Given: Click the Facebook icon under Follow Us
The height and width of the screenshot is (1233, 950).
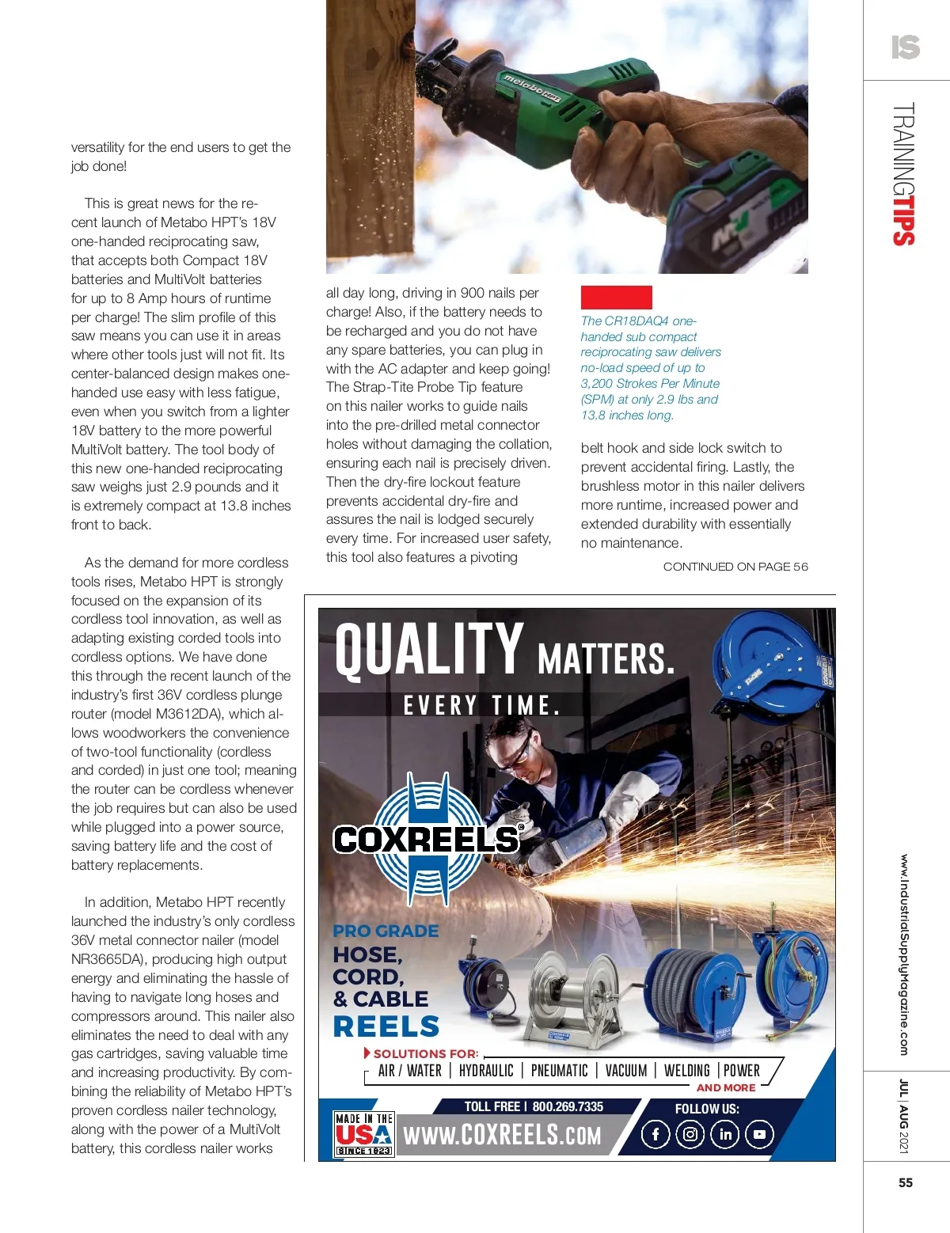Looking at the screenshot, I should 655,1134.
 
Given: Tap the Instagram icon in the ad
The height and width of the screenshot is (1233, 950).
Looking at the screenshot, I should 690,1134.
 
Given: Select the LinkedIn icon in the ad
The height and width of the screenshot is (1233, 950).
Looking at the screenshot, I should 725,1134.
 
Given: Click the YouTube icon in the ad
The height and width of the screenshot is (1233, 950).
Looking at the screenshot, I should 759,1134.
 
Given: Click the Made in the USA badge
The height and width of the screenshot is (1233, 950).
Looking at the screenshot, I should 364,1134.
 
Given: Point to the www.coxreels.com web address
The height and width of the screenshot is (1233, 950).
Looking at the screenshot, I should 503,1136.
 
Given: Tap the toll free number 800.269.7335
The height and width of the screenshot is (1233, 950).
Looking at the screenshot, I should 568,1106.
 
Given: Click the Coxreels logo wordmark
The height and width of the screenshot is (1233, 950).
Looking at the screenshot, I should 427,839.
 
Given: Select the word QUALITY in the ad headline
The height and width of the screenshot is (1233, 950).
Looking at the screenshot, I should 429,650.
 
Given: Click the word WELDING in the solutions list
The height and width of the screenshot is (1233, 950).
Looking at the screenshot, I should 686,1071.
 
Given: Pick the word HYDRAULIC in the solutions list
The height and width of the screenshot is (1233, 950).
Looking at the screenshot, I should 486,1071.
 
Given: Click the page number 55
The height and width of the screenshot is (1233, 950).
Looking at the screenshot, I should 906,1182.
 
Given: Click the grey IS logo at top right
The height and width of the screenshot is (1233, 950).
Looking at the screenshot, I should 906,47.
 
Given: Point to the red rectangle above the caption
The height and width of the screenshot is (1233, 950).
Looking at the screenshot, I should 616,298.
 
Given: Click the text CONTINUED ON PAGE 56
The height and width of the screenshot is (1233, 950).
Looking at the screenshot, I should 735,567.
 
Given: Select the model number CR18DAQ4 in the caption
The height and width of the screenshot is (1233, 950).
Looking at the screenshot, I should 636,321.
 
